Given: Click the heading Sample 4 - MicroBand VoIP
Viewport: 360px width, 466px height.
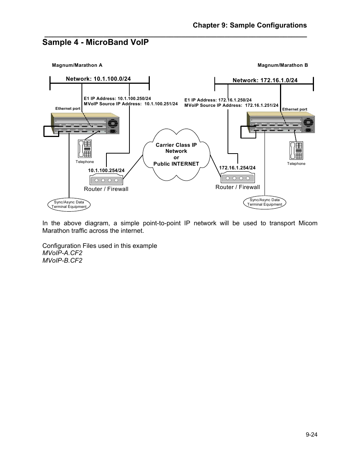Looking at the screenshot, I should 95,42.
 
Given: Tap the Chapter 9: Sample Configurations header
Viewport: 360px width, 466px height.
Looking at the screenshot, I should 249,25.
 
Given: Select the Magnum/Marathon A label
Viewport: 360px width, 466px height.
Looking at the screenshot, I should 77,65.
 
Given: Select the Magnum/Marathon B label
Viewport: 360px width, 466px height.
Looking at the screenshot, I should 283,65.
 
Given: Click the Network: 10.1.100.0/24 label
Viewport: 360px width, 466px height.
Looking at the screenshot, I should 98,79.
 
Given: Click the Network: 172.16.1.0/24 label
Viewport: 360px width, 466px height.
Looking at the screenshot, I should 265,80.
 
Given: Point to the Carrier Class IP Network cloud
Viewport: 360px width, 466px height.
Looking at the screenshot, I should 176,154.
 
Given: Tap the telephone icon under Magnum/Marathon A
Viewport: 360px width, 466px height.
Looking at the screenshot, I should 85,149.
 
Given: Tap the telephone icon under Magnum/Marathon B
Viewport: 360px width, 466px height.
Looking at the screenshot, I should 296,151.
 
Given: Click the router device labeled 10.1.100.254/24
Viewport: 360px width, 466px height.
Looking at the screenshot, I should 106,180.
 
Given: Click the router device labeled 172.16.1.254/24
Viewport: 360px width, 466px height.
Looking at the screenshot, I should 238,178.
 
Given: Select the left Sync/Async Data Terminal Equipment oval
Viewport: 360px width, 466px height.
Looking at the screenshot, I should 69,205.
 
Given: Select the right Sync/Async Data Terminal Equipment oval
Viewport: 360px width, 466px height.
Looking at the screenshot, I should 265,202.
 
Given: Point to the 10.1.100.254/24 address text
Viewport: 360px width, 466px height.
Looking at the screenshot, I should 106,171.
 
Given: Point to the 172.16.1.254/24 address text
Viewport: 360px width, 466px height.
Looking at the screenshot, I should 237,168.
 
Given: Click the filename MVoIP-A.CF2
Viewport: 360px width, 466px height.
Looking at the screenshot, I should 62,253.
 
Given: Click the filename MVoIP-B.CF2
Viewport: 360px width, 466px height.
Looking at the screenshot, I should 62,261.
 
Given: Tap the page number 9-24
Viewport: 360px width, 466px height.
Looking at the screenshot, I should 311,435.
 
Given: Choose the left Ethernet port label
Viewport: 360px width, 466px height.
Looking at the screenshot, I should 68,109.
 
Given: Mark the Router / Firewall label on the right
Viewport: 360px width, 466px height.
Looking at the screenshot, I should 237,187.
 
